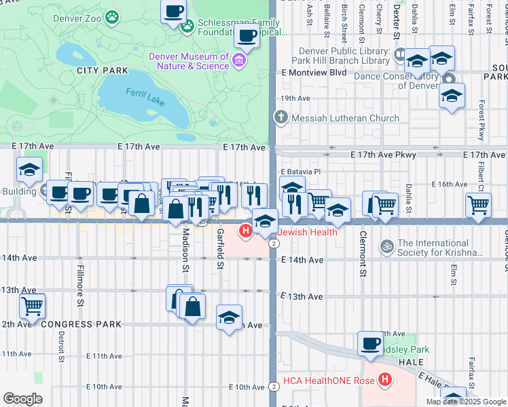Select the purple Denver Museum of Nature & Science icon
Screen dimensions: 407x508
point(238,62)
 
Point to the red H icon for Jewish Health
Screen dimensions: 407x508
point(246,232)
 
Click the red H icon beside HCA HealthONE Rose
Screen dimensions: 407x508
point(385,379)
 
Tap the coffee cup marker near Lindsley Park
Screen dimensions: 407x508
point(371,344)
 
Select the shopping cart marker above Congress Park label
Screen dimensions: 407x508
point(32,307)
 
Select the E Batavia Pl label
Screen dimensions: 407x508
point(300,172)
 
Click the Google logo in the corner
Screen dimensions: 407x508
point(22,399)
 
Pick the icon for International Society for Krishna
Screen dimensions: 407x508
point(387,245)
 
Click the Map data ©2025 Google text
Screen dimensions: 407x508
point(466,402)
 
